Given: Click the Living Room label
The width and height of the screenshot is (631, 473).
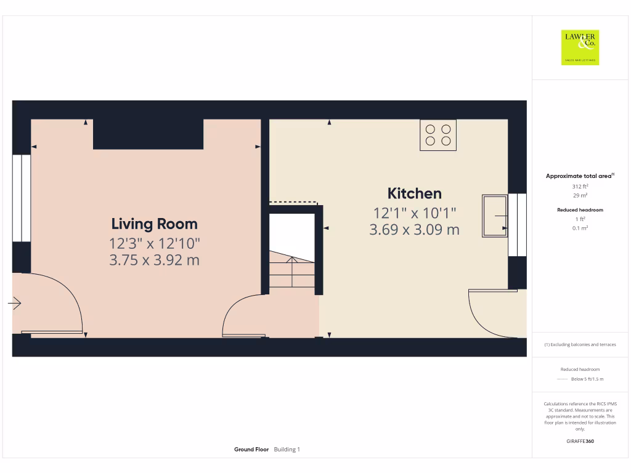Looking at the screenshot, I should [154, 224].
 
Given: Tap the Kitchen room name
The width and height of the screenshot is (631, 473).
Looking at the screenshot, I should [414, 193].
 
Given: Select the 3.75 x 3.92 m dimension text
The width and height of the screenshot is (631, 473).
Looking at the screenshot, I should [154, 261].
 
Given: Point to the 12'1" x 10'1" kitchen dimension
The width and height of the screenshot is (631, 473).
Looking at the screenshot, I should [414, 213].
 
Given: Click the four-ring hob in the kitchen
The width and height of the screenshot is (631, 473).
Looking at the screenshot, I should [438, 135].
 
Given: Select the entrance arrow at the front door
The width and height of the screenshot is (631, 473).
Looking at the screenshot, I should [15, 303].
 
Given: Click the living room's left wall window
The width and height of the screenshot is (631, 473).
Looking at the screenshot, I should [22, 198].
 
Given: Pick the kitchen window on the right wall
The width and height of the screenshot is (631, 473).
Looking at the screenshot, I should [517, 225].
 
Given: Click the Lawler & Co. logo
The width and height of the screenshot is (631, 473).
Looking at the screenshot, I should [580, 47].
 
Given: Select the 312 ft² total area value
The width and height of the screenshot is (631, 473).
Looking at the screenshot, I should [580, 186].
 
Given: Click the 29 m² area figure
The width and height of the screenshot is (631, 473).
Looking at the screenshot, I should [580, 195].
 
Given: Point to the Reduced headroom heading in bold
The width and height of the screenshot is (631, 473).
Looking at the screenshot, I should [580, 210].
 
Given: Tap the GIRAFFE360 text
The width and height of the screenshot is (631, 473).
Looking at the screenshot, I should [580, 441].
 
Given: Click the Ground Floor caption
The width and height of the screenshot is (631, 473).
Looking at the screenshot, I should [251, 450].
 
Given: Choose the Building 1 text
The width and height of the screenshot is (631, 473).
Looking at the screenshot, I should [287, 450].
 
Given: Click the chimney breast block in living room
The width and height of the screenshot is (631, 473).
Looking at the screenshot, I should [148, 134].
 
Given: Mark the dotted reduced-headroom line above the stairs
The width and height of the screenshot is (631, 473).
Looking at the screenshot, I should [293, 202].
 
